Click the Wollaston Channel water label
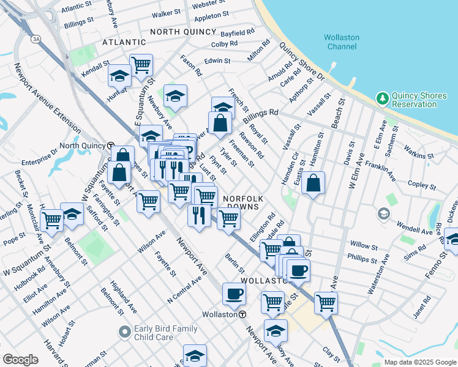(x=342, y=42)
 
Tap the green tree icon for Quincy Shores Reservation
(x=383, y=97)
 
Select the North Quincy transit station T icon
(x=111, y=146)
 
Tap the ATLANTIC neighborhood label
(x=124, y=42)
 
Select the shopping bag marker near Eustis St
(x=313, y=182)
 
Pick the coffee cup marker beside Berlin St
(x=234, y=294)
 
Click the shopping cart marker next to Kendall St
(x=141, y=64)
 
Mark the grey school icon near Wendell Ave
(x=384, y=213)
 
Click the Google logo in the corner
(x=20, y=359)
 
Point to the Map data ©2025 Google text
(x=419, y=362)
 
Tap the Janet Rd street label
(x=423, y=308)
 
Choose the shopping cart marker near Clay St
(x=326, y=302)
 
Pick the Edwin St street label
(x=217, y=61)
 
